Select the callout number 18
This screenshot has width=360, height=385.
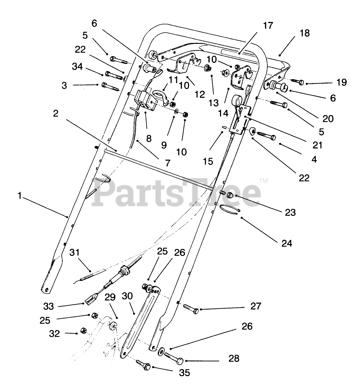pyautogui.click(x=305, y=33)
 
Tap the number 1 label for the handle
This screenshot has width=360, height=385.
pyautogui.click(x=20, y=196)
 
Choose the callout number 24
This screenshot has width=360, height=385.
pyautogui.click(x=287, y=243)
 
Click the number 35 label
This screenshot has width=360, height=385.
pyautogui.click(x=184, y=373)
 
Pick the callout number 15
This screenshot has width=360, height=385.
pyautogui.click(x=208, y=161)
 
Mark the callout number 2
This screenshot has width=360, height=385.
pyautogui.click(x=55, y=113)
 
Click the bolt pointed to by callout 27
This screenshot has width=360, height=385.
pyautogui.click(x=192, y=307)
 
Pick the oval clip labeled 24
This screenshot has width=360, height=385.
pyautogui.click(x=229, y=210)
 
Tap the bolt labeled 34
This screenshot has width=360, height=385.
pyautogui.click(x=112, y=75)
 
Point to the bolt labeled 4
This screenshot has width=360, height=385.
pyautogui.click(x=266, y=137)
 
